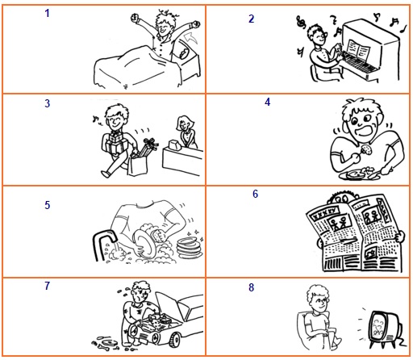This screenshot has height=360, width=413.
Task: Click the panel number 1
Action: tap(47, 13)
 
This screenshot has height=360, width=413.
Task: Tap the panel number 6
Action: tap(255, 194)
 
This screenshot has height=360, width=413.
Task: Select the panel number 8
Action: tap(251, 287)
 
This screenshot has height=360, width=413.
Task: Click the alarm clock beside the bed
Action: tap(184, 53)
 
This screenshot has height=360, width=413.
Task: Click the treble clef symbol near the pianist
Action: tap(301, 22)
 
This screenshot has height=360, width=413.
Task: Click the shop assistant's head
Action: tap(184, 123)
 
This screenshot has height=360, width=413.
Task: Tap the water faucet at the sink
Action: tap(103, 244)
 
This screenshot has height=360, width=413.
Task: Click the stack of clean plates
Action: tap(190, 248)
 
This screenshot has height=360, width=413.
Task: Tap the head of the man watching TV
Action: tap(318, 298)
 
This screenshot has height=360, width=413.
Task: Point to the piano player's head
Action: tap(317, 35)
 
